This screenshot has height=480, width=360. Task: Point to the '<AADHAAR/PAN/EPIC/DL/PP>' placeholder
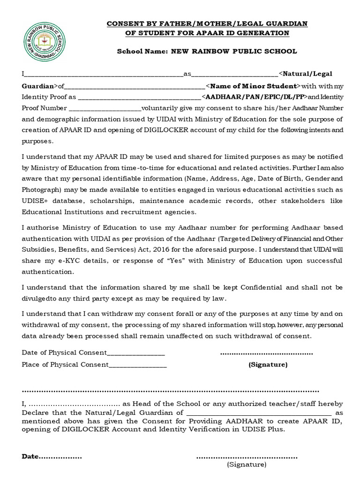[x=254, y=97]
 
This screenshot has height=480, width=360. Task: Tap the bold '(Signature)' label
[x=268, y=364]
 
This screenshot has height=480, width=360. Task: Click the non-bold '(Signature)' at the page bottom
[x=247, y=465]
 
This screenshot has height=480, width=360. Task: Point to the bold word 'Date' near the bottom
[x=30, y=456]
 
